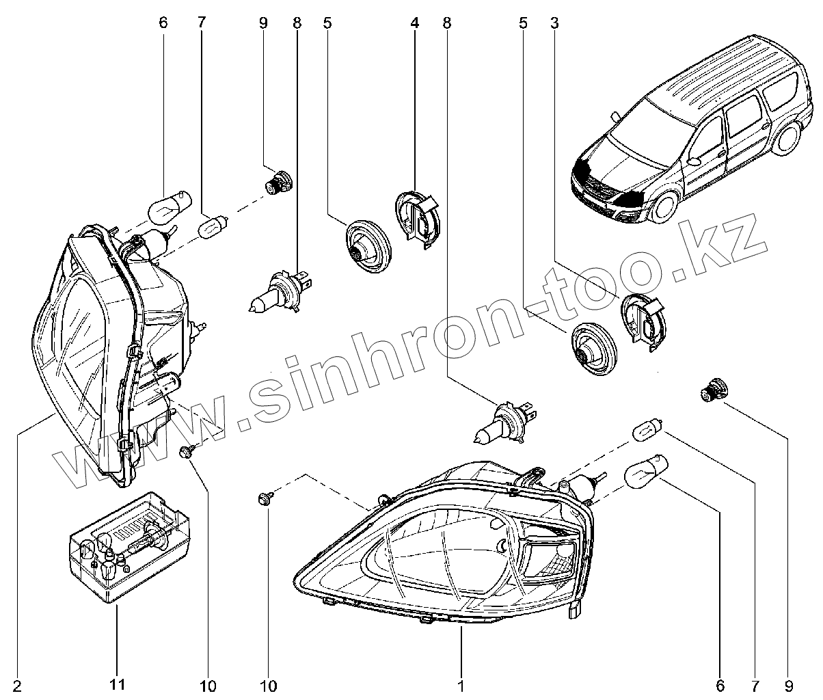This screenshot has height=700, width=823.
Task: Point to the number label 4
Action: [x=415, y=23]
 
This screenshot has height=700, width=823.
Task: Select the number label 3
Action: [x=554, y=23]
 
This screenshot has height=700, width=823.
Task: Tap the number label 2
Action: [x=17, y=685]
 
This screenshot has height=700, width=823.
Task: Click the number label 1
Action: [x=462, y=685]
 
